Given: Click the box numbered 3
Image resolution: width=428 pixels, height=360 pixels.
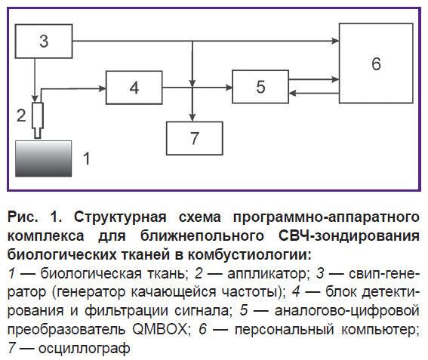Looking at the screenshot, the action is click(44, 41).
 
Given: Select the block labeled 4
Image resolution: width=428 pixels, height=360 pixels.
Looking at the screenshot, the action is click(134, 88).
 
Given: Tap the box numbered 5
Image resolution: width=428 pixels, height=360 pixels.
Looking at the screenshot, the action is click(260, 87).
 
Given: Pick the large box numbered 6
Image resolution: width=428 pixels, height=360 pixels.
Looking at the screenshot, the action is click(376, 63).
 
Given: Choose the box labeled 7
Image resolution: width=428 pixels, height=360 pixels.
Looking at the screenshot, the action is click(195, 138).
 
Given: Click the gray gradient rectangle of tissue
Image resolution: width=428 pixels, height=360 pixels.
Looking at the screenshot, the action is click(43, 158).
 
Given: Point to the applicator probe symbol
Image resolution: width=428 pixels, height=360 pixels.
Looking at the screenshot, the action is click(38, 120).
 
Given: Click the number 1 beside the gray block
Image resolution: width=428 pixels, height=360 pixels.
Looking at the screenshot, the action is click(87, 158).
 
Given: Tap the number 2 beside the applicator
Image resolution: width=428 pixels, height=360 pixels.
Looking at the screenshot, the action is click(21, 115).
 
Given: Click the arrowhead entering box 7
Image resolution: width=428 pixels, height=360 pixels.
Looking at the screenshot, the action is click(192, 118).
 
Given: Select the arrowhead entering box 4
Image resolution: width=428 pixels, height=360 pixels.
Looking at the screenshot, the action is click(102, 88).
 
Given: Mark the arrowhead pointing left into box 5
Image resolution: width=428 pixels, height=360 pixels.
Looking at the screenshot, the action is click(293, 94).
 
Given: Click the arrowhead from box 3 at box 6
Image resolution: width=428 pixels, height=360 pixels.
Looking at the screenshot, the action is click(335, 41).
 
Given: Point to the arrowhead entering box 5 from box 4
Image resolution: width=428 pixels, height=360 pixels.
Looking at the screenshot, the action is click(229, 88).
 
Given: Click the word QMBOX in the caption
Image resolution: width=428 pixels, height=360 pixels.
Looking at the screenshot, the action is click(159, 329).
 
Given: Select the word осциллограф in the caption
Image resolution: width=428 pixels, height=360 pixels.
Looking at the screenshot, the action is click(84, 348).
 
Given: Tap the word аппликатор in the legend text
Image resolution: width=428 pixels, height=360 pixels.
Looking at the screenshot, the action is click(268, 274).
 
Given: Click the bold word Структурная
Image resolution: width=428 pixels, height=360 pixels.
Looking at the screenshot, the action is click(120, 217).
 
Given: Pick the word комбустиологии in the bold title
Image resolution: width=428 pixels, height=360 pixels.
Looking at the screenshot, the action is click(249, 254).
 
